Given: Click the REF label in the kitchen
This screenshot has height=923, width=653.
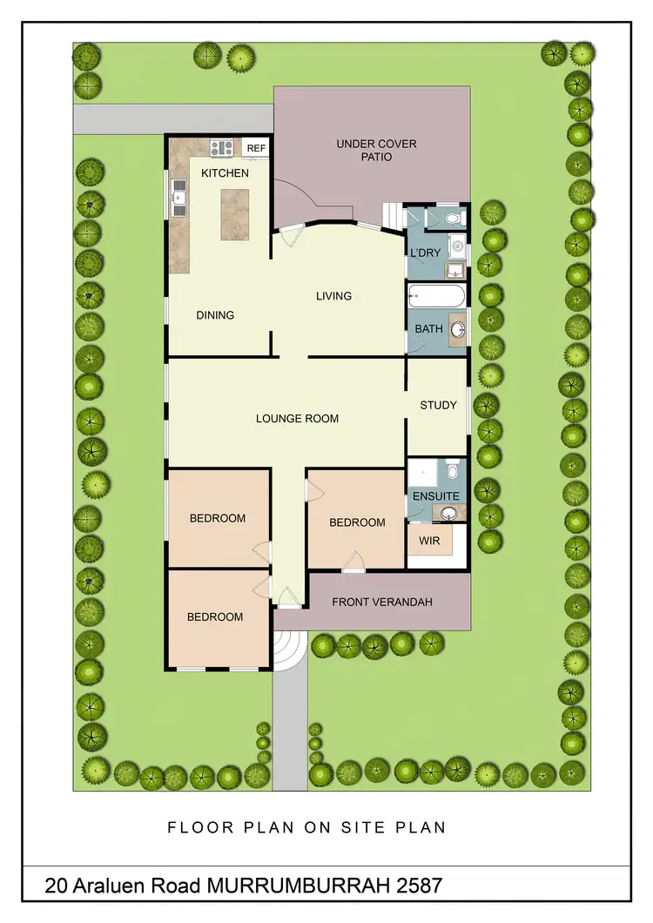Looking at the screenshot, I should tap(256, 148).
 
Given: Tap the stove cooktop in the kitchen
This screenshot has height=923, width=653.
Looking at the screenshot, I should tap(222, 147).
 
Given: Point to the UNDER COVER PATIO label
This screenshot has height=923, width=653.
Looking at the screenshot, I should tap(376, 150).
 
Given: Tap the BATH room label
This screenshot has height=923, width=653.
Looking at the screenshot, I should tap(427, 329).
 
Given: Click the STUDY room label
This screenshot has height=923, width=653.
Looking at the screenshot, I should tap(438, 405).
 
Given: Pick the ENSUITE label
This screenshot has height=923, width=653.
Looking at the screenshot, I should tap(436, 495).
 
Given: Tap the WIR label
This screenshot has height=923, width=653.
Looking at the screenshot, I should tap(429, 541).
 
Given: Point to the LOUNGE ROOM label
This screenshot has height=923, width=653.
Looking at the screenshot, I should tap(297, 418).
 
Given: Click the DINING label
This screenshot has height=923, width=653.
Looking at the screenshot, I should tap(215, 315).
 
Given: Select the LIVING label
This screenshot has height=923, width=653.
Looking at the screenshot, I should tap(333, 296).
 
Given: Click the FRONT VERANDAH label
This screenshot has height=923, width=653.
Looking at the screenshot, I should tap(382, 602).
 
